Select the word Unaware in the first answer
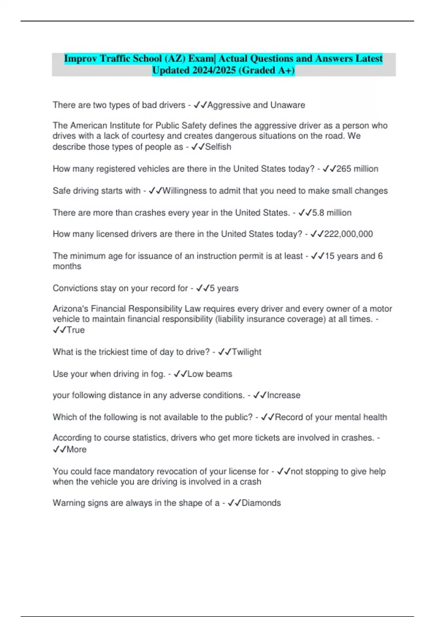[288, 105]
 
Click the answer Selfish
[218, 147]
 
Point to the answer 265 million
[357, 169]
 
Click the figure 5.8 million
[332, 213]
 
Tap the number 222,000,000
[348, 234]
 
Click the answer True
[76, 330]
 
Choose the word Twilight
[246, 352]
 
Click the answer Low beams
[210, 374]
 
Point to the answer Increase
[283, 395]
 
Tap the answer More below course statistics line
[76, 449]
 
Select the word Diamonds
[261, 503]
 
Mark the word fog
[158, 374]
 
